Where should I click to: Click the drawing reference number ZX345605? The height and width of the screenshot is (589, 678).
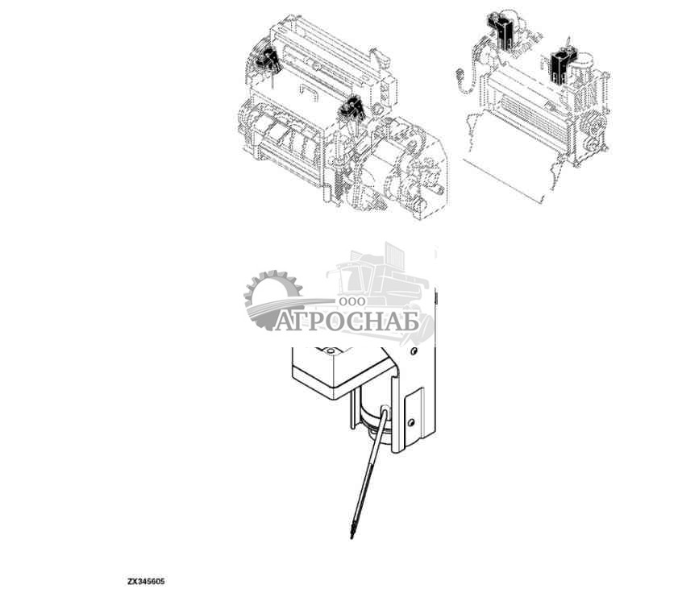(x=145, y=580)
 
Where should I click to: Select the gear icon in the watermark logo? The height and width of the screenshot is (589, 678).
(x=272, y=301)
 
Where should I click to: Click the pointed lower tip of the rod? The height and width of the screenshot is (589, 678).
(x=351, y=537)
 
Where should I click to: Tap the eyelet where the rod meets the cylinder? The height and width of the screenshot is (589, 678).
(x=383, y=413)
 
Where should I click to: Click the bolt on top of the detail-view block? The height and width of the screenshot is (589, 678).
(x=328, y=352)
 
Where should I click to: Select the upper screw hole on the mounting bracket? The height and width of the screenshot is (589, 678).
(x=413, y=352)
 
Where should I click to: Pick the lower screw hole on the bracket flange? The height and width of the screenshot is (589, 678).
(x=410, y=421)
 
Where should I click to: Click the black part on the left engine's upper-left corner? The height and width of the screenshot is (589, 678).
(x=266, y=60)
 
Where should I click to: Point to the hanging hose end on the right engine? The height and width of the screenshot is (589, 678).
(x=460, y=77)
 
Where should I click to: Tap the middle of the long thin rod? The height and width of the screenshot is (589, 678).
(x=366, y=476)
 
